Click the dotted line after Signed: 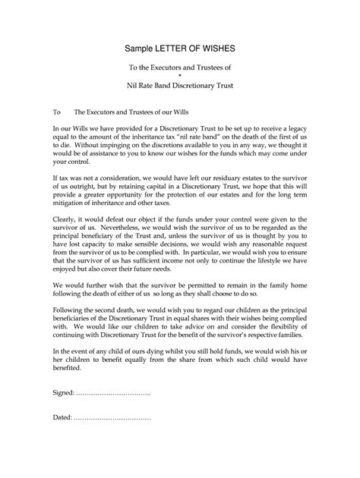[x=114, y=393]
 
